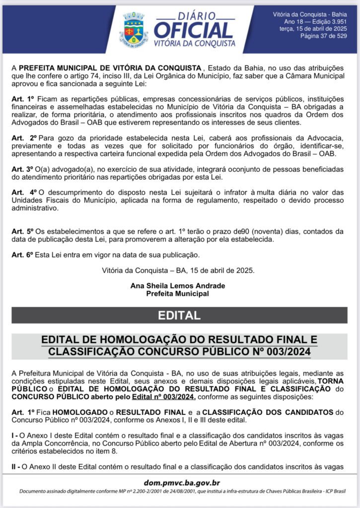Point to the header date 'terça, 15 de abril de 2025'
(x=319, y=29)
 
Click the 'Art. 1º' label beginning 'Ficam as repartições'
(x=23, y=99)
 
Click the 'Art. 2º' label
(x=24, y=136)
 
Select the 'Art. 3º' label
(x=23, y=169)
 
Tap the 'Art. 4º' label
(x=24, y=191)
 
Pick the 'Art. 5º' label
(x=23, y=231)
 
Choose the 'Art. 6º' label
(x=23, y=255)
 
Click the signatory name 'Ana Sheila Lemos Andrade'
(x=177, y=286)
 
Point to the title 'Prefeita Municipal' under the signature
(x=177, y=293)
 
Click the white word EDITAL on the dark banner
(x=179, y=316)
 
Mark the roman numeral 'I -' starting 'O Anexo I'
(x=15, y=436)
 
